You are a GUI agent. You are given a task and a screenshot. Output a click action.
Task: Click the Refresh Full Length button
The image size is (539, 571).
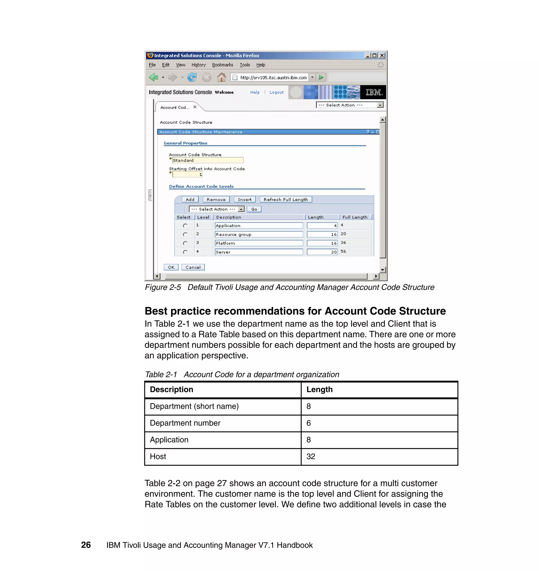click(286, 200)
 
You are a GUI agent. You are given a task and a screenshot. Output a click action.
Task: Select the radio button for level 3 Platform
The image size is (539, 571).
click(185, 243)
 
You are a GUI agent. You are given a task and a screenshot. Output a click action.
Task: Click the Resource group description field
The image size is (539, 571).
click(259, 234)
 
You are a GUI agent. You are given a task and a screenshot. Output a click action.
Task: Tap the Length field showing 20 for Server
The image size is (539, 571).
click(322, 252)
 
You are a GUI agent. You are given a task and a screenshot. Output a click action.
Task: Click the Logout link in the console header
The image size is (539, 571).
click(276, 92)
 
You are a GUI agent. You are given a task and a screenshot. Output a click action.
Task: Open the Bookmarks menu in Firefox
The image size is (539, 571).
click(222, 65)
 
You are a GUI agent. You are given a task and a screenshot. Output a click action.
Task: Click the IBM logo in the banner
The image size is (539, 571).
click(373, 92)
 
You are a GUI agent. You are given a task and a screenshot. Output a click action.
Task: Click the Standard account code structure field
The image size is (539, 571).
click(208, 160)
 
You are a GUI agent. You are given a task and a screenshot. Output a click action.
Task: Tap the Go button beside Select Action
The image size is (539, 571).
click(254, 209)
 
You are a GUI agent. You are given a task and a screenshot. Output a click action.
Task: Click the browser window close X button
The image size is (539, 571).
click(382, 56)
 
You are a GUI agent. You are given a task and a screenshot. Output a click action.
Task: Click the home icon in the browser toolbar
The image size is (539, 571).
click(221, 77)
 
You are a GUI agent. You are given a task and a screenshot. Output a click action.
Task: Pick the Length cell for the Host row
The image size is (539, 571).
click(379, 457)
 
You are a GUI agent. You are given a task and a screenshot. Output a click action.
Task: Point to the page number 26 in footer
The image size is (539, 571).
click(86, 545)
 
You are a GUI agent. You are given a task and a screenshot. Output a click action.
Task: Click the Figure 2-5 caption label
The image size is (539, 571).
click(163, 287)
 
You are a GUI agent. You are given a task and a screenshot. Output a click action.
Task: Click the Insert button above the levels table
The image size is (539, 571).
click(244, 200)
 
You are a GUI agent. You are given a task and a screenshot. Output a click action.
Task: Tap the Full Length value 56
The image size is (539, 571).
click(343, 251)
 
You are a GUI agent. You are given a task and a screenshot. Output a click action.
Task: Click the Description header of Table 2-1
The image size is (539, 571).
click(172, 390)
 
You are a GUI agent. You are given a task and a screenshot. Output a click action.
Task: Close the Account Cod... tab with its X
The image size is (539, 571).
click(195, 107)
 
